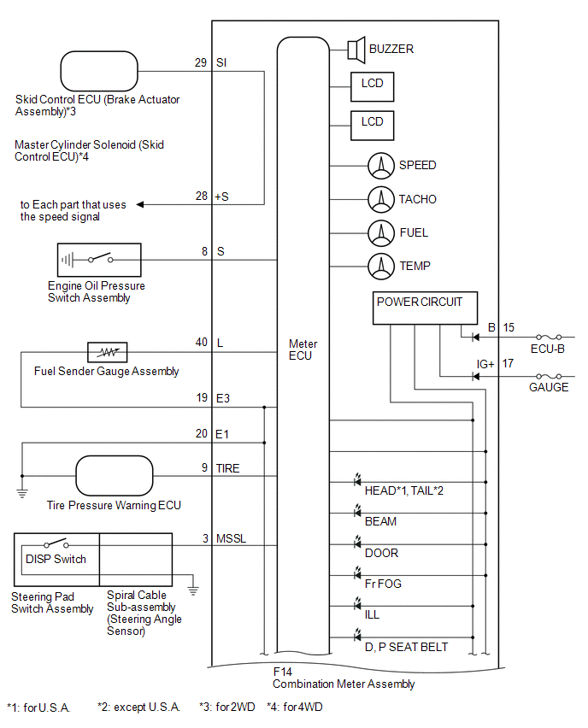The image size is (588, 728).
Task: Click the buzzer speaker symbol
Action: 356,50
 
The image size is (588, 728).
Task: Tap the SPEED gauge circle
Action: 381,166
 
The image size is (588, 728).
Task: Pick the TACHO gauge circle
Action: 381,200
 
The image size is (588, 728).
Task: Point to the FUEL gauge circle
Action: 381,233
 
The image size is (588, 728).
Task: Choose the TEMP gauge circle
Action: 381,267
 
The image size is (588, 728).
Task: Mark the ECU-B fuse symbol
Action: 549,337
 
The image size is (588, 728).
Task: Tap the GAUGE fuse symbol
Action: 549,376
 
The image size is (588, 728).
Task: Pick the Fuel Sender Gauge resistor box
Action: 108,352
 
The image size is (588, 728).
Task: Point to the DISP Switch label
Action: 56,559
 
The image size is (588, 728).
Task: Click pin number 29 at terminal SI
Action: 201,62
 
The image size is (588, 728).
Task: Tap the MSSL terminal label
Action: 231,538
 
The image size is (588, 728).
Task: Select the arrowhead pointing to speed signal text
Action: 140,204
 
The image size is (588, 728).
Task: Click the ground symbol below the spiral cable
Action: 193,591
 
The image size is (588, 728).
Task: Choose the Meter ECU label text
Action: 303,349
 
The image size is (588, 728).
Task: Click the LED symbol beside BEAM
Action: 357,511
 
